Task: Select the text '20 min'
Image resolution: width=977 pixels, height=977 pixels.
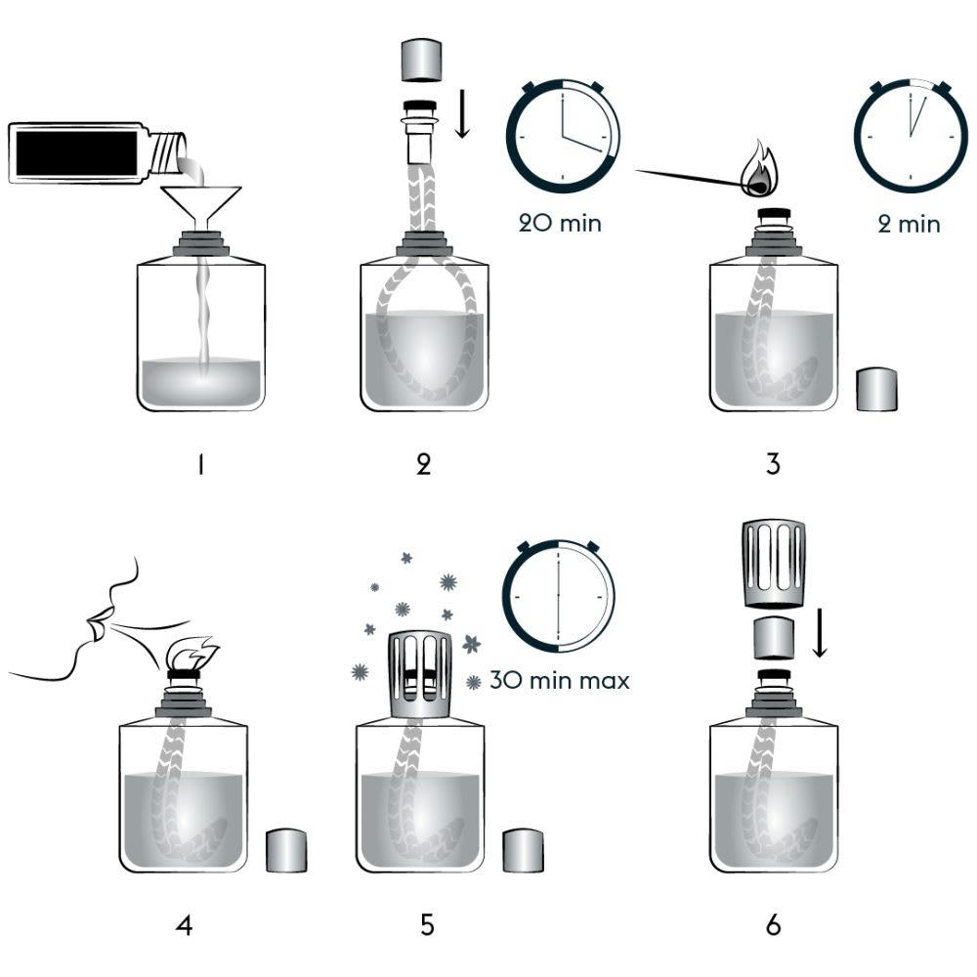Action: point(561,223)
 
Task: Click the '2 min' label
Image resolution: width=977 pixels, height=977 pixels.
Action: point(909,224)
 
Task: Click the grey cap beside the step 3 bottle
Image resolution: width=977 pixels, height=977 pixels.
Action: point(876,388)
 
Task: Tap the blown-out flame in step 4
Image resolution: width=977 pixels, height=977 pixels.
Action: point(191,652)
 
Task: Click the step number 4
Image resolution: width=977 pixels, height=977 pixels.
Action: point(184,923)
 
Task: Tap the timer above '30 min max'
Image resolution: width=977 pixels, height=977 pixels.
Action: point(559,595)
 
